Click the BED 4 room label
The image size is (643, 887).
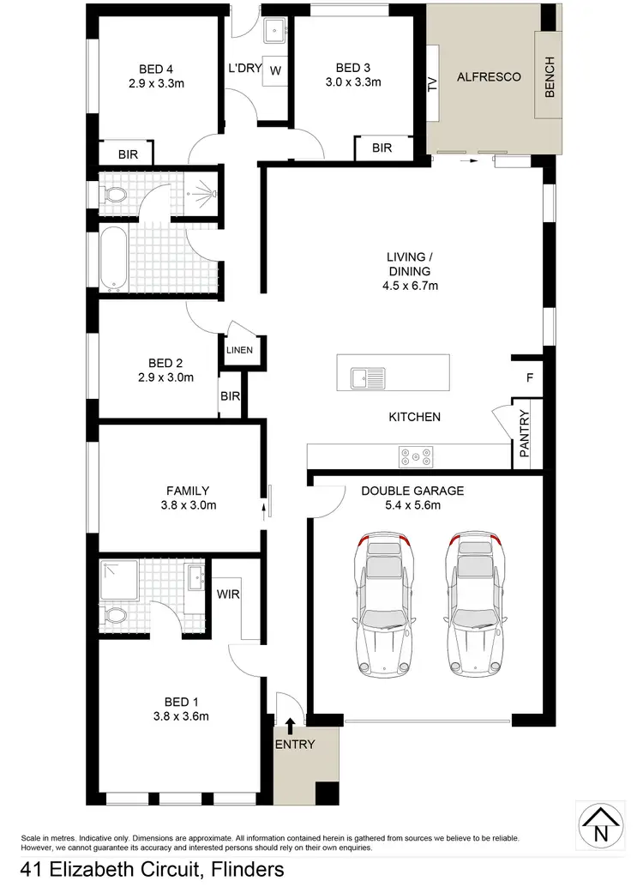(x=162, y=69)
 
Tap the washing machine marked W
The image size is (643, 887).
(x=274, y=70)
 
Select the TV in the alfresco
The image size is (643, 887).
(x=432, y=83)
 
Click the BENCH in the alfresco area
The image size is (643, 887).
(x=550, y=76)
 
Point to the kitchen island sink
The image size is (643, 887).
(x=368, y=376)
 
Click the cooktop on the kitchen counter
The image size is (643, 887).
(x=416, y=456)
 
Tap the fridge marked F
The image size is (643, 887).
(x=529, y=377)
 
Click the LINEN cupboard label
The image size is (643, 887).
(x=239, y=350)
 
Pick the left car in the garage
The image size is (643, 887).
(x=384, y=605)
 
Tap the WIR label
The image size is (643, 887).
(x=228, y=593)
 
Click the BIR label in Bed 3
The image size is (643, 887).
(x=382, y=148)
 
